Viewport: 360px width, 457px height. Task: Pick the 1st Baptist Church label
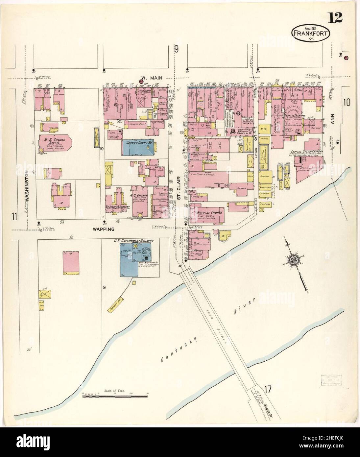(208, 213)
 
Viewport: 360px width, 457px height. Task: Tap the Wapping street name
(105, 229)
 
